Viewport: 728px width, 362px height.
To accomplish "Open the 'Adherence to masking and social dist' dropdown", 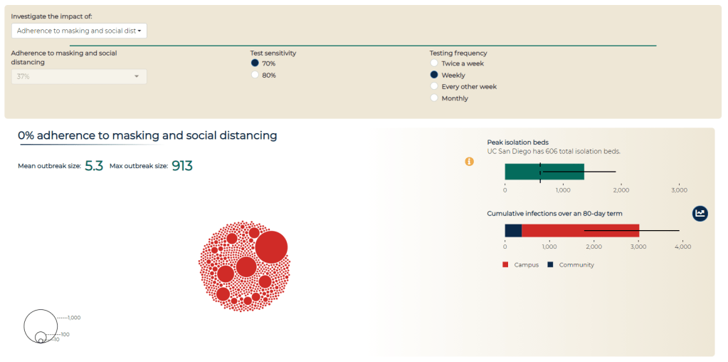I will [79, 31].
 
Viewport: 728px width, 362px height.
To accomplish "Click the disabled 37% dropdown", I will [79, 76].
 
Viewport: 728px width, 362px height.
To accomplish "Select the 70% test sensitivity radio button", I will [255, 63].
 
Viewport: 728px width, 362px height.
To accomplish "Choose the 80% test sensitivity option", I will [255, 75].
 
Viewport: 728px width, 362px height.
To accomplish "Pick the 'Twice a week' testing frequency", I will [434, 63].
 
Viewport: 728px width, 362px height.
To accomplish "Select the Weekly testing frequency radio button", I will [434, 75].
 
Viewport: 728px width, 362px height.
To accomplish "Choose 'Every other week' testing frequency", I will [434, 86].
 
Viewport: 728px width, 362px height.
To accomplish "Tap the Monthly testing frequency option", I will [434, 98].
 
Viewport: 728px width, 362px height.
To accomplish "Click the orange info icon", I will [469, 162].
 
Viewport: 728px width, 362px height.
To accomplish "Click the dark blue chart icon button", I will [700, 213].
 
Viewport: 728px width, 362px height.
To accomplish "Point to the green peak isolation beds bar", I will [544, 172].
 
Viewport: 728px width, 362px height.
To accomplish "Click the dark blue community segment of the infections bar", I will [513, 230].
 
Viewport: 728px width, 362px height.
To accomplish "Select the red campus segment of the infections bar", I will [580, 230].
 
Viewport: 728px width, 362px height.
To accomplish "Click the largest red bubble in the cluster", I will [271, 247].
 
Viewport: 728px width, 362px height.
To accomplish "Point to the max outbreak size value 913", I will [182, 166].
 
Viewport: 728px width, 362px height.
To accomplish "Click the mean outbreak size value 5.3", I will [94, 166].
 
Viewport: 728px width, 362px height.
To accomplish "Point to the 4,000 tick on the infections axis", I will [682, 247].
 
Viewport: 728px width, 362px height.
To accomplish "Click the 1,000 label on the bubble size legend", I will [75, 318].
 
